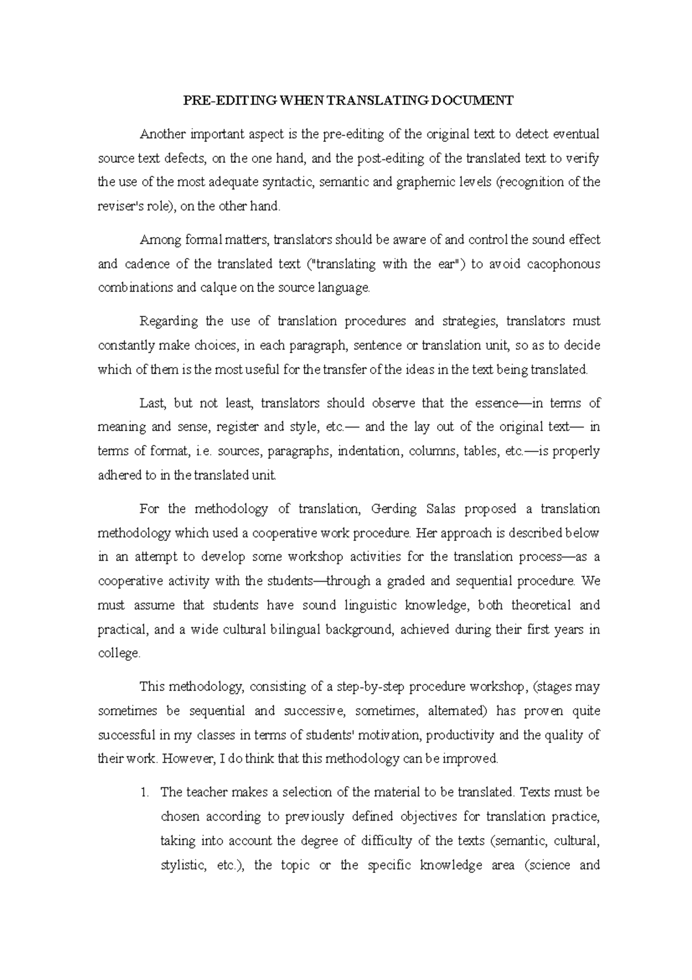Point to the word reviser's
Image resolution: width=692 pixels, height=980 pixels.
[119, 207]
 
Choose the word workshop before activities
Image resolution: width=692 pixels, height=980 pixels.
[315, 557]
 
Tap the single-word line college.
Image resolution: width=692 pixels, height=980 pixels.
[119, 653]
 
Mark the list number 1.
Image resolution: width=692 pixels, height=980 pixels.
[144, 792]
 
